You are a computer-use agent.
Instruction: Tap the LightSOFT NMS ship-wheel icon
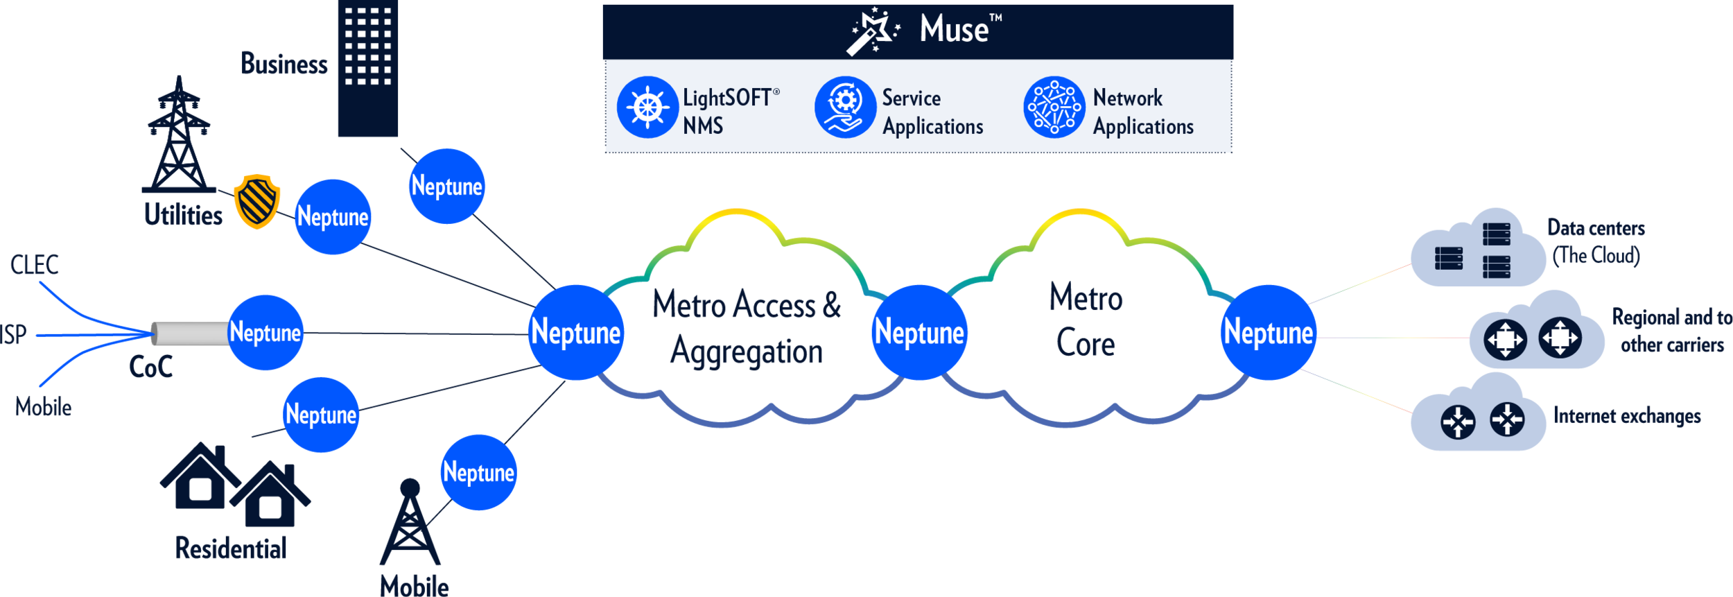(647, 107)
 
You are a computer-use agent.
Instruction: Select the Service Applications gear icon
(845, 107)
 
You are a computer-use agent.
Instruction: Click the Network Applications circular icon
(1054, 107)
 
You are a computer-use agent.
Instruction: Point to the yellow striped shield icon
(257, 201)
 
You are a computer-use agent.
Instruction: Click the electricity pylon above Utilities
(179, 136)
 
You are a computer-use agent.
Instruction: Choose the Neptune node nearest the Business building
(446, 186)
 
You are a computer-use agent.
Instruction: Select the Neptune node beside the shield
(333, 216)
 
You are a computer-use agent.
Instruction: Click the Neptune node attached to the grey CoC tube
(265, 332)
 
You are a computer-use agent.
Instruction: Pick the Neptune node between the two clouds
(918, 332)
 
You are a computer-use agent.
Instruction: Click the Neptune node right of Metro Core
(1268, 332)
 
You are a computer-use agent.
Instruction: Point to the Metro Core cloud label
(1086, 320)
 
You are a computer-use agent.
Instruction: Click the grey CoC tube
(189, 334)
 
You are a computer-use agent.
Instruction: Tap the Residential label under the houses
(230, 548)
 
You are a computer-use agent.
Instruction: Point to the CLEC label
(35, 265)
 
